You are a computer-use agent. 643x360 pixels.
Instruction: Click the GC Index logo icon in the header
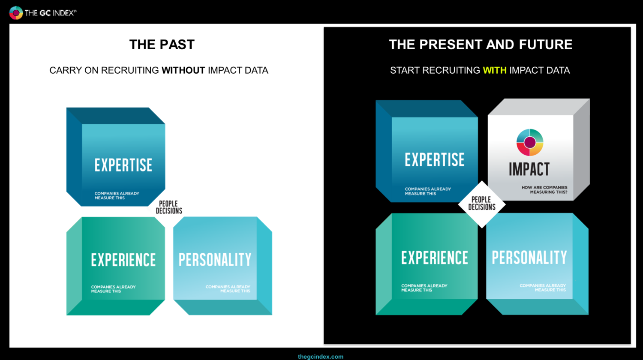pos(16,12)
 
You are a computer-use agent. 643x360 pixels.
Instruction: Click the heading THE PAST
pos(162,45)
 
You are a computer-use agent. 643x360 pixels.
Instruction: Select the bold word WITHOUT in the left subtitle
pos(183,70)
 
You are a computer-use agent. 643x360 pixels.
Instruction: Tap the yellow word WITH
pos(495,70)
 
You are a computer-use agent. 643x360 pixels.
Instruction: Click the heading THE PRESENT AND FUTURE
pos(481,45)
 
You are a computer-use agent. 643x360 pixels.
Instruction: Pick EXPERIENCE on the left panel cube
pos(123,260)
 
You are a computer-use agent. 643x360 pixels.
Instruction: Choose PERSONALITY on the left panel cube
pos(215,260)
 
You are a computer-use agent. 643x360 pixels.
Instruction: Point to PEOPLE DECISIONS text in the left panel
pos(169,207)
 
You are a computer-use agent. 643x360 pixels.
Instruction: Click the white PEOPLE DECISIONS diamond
pos(482,204)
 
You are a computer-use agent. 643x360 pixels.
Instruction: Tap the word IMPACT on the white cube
pos(529,169)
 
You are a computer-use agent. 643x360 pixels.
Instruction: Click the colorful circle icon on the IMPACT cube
pos(530,142)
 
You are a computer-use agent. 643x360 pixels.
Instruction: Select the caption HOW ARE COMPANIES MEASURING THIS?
pos(544,190)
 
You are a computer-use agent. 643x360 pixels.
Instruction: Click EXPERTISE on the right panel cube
pos(435,159)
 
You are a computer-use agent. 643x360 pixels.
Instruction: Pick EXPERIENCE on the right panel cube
pos(435,258)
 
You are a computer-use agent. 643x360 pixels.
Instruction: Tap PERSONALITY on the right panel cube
pos(529,258)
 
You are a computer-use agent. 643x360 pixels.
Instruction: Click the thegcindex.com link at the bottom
pos(321,357)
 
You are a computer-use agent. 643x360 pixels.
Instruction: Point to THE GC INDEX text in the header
pos(51,13)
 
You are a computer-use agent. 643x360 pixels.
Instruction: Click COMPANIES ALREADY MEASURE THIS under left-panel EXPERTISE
pos(117,195)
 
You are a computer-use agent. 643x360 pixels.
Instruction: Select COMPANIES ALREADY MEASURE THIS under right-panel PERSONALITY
pos(543,288)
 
